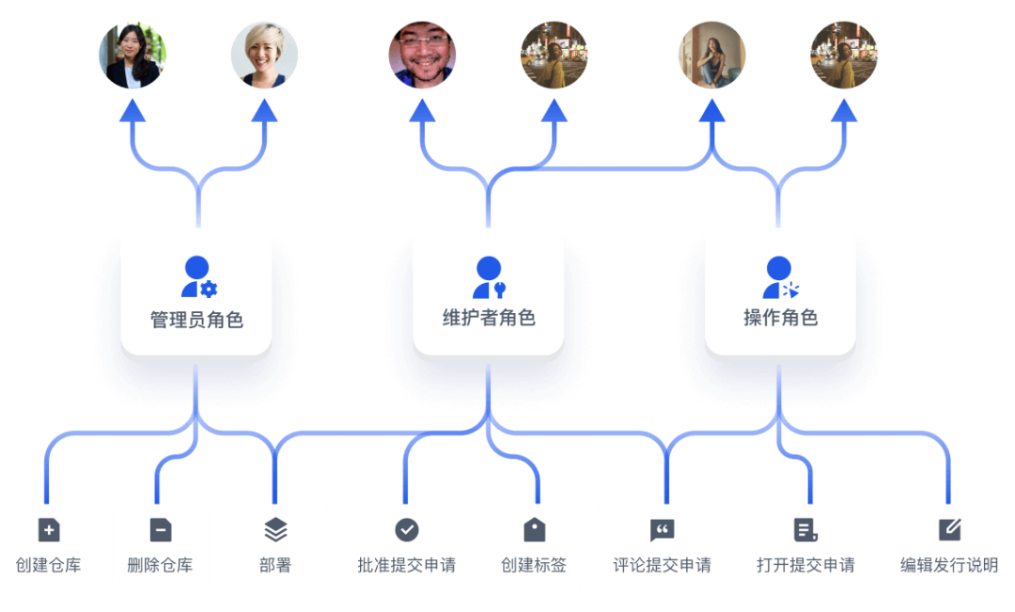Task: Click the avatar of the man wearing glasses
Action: (422, 55)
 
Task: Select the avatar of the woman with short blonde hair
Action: (264, 55)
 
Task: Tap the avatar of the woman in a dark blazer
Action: (133, 55)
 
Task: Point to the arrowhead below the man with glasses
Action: (422, 111)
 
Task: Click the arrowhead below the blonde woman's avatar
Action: (264, 111)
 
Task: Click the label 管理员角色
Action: (196, 320)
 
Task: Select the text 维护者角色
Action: (489, 318)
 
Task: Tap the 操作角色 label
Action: (780, 318)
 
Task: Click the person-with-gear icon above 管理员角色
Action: (197, 276)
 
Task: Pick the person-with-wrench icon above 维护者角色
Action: (489, 276)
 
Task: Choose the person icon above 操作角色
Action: (780, 276)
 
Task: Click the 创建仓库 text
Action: (49, 565)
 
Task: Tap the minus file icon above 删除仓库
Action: (161, 530)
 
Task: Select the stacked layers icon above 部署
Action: (275, 530)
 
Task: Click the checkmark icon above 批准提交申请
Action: (407, 530)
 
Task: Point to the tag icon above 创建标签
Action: (534, 530)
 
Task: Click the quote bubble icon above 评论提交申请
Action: (663, 530)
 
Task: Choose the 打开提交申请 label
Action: (805, 565)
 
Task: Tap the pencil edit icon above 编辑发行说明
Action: (949, 530)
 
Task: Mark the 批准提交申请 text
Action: (407, 565)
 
